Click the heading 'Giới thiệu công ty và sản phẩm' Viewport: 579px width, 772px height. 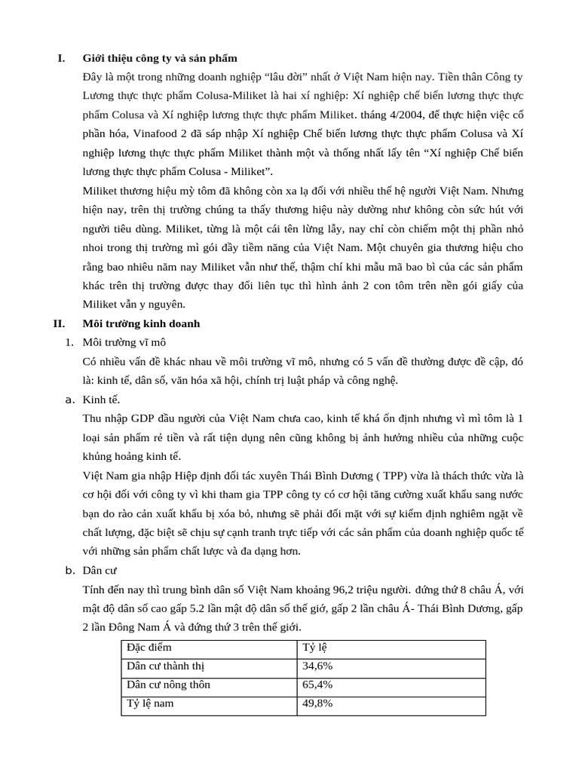click(x=160, y=58)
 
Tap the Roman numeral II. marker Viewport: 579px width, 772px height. click(x=59, y=323)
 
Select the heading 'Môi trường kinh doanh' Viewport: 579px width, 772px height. click(x=141, y=323)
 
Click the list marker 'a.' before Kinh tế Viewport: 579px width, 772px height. click(x=69, y=400)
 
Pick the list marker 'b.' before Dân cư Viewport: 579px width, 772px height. click(x=69, y=570)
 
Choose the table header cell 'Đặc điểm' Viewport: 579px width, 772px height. click(x=149, y=648)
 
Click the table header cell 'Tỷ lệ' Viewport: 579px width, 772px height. click(x=315, y=648)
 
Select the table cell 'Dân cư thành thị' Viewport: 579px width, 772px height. click(x=165, y=666)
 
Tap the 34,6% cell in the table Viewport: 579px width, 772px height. click(x=317, y=666)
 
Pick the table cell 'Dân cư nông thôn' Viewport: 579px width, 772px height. click(x=168, y=685)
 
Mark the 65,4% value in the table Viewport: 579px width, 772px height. click(x=317, y=685)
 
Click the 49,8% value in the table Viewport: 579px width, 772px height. click(x=317, y=704)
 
